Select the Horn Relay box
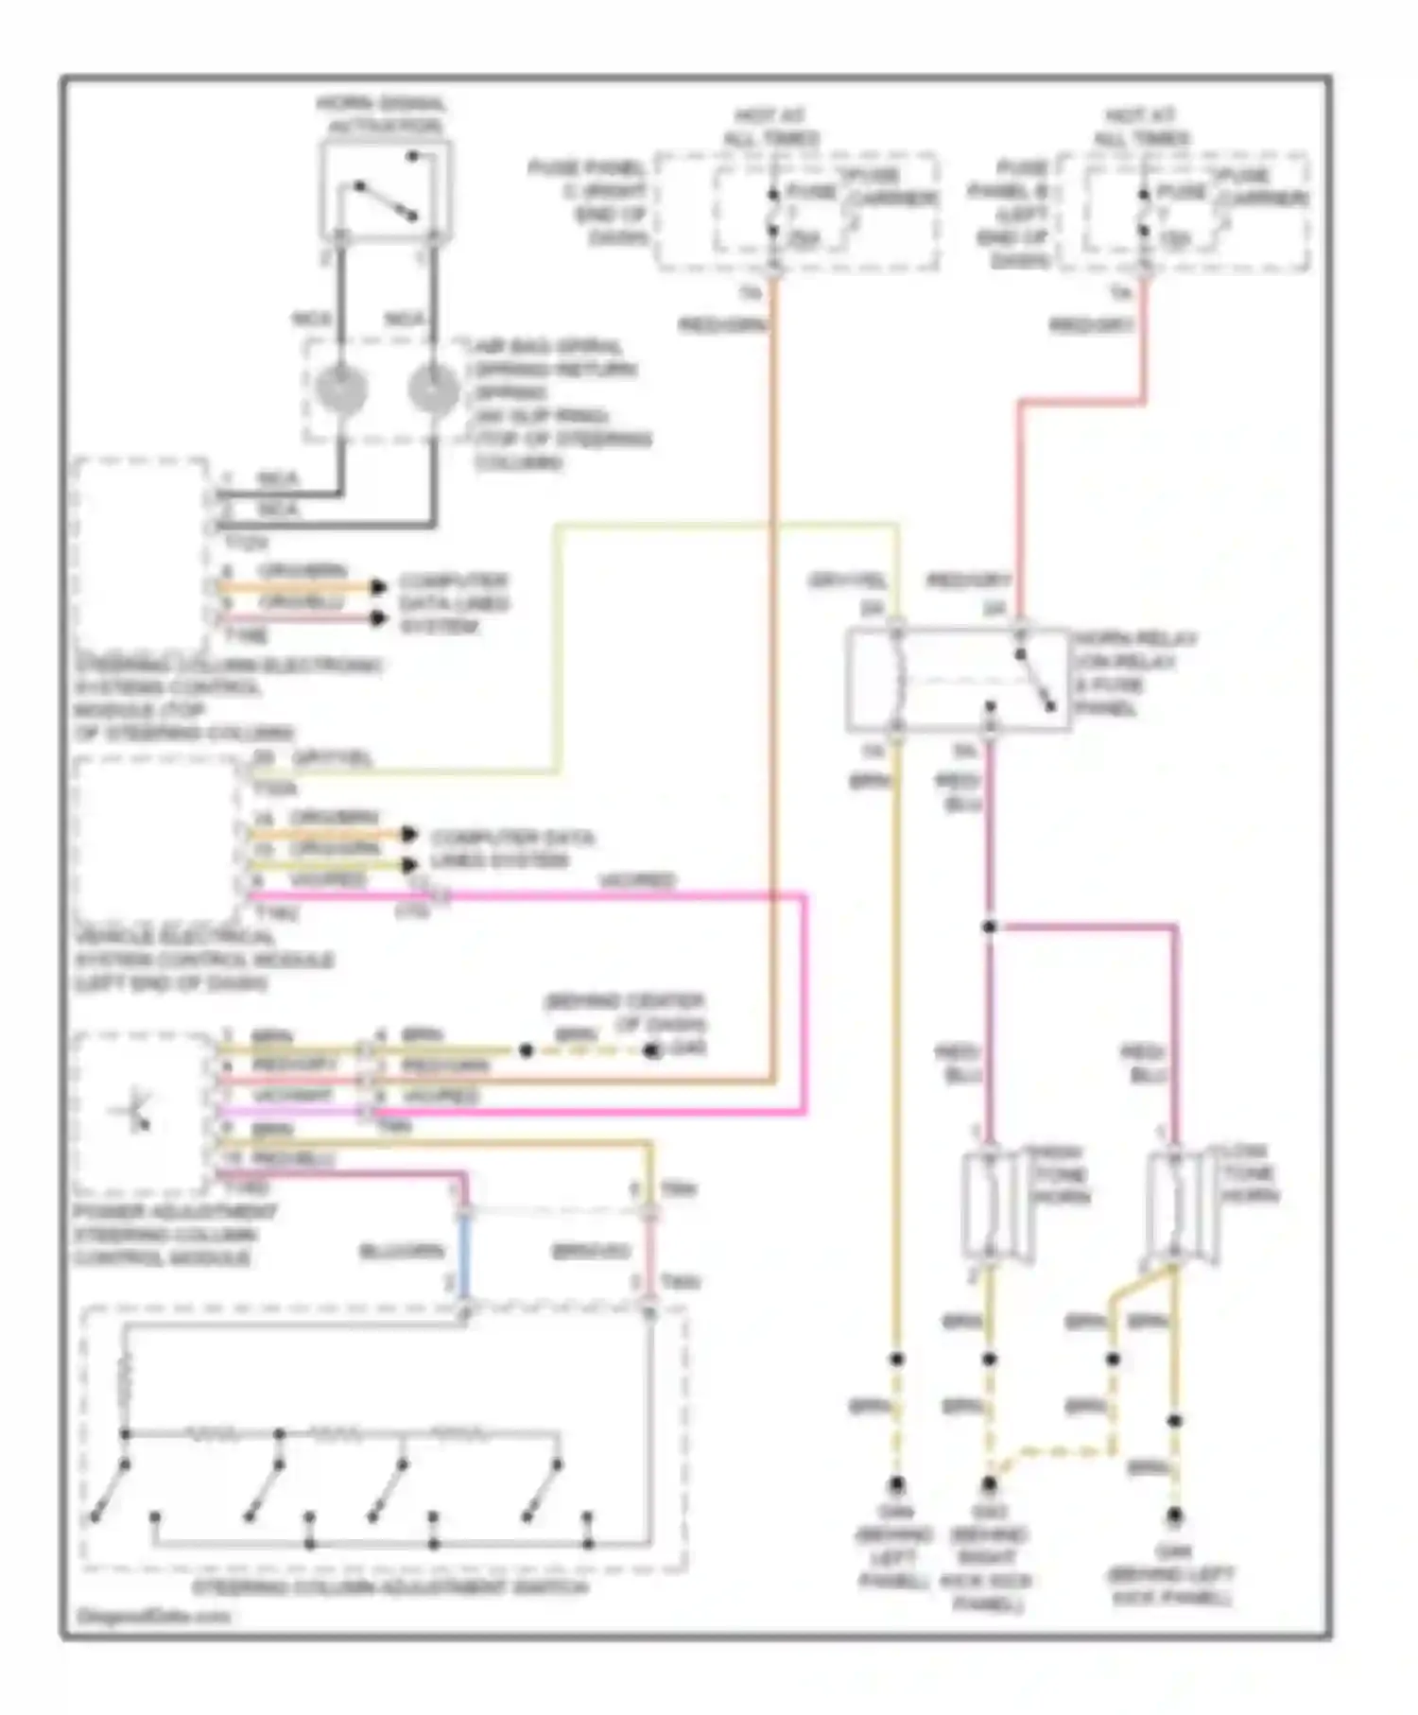[958, 679]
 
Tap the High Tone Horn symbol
[989, 1205]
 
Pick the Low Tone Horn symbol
[1175, 1205]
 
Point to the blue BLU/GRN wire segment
[463, 1257]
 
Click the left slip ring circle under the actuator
[341, 390]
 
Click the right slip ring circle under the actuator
[433, 390]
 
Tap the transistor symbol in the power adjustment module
[135, 1113]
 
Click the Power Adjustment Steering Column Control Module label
[175, 1235]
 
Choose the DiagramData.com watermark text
[153, 1616]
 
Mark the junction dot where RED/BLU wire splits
[989, 927]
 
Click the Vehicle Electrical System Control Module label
[203, 960]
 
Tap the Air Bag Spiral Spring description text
[558, 405]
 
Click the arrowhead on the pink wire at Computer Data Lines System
[378, 619]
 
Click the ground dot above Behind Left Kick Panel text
[1174, 1515]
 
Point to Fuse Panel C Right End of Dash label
[588, 203]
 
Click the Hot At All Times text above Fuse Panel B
[1141, 127]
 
